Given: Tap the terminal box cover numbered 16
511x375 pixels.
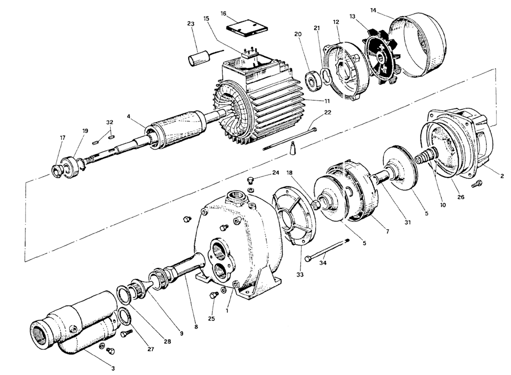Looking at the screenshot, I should tap(247, 28).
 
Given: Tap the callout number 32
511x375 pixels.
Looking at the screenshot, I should tap(110, 122).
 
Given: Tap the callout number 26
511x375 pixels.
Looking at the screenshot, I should tap(461, 197).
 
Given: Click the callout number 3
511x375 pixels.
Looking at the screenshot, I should tap(113, 368).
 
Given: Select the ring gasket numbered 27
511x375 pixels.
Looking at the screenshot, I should tap(122, 317).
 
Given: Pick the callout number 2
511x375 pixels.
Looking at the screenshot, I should tap(502, 176).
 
